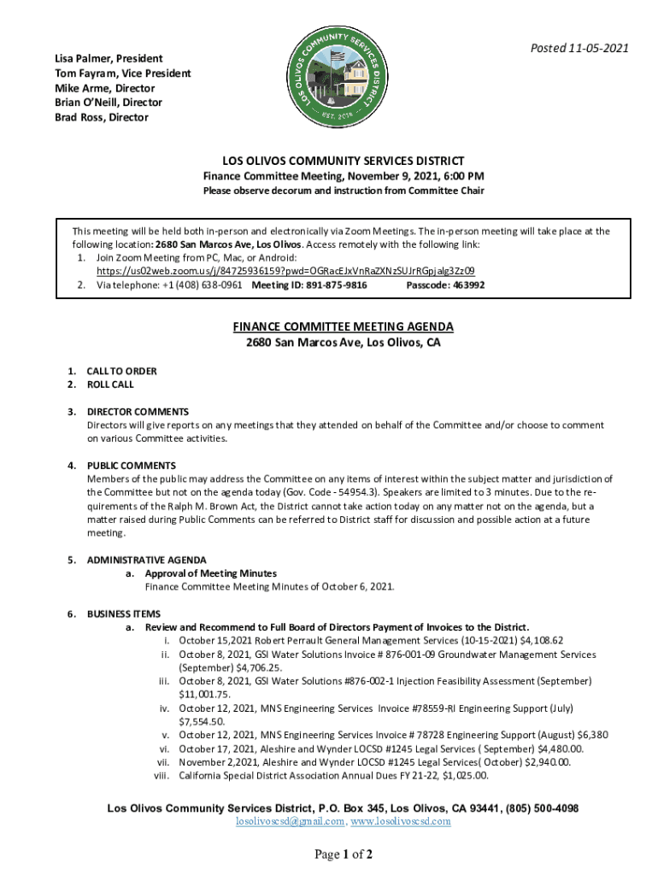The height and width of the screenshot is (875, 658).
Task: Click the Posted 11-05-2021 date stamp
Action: (x=580, y=48)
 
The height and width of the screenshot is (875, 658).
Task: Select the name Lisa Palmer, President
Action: (x=109, y=58)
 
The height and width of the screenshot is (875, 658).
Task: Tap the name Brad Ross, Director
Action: (x=102, y=117)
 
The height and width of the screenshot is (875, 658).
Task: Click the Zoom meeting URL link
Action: (x=285, y=271)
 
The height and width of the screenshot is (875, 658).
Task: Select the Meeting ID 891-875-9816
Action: (x=309, y=285)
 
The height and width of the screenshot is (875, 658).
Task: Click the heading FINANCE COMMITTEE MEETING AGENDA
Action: (x=344, y=327)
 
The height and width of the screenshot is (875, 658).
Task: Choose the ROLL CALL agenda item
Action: (x=110, y=385)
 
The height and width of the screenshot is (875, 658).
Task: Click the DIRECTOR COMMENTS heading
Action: (x=138, y=412)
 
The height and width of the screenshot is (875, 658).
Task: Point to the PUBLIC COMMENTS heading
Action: (x=131, y=466)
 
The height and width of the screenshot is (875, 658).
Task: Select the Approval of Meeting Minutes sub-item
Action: (x=210, y=573)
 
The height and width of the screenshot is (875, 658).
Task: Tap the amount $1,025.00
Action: (x=465, y=776)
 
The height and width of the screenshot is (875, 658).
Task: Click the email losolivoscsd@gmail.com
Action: (x=291, y=822)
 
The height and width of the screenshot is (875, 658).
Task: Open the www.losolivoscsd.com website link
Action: (x=401, y=822)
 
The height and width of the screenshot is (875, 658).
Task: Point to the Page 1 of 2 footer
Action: (x=343, y=854)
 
